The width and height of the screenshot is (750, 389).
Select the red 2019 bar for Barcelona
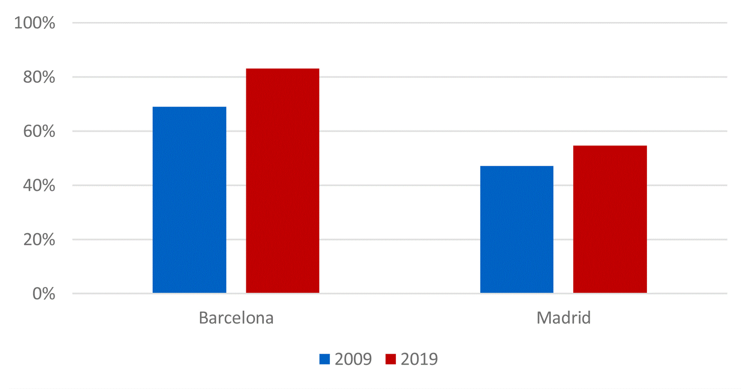[282, 180]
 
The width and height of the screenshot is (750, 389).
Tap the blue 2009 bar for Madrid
[517, 229]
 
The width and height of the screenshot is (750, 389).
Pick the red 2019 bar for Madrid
[610, 219]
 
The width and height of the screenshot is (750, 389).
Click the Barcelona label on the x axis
[236, 318]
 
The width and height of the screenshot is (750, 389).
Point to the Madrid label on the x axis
[563, 318]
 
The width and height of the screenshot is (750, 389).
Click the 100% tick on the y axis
[34, 23]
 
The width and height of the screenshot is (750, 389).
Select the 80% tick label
[39, 77]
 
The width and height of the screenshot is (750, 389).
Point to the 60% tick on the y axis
[39, 131]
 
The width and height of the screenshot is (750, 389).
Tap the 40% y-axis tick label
[39, 185]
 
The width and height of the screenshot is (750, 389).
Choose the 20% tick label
[39, 240]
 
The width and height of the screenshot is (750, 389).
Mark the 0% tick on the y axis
[44, 294]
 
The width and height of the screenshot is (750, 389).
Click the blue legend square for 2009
[324, 359]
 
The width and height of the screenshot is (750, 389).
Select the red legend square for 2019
[390, 359]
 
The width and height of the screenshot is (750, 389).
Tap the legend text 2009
[353, 359]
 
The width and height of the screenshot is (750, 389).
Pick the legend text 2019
[419, 359]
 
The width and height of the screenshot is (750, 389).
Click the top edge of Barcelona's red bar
[282, 69]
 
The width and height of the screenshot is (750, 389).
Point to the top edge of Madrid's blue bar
[517, 166]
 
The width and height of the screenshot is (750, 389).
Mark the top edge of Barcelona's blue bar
[189, 107]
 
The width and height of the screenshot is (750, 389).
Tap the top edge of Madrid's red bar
[610, 146]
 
